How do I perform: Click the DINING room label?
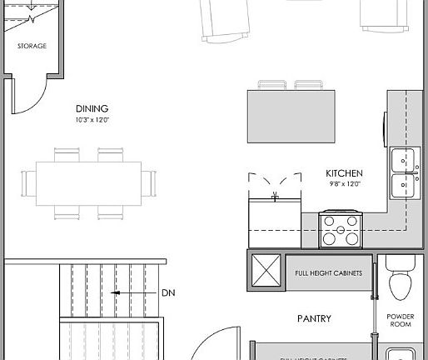click(92, 108)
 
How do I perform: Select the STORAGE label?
click(32, 46)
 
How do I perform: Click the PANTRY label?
click(315, 318)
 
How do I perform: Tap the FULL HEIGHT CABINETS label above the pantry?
click(328, 272)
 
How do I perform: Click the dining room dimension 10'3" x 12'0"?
click(92, 121)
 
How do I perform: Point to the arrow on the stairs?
click(117, 293)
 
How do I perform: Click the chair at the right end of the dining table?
click(150, 183)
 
